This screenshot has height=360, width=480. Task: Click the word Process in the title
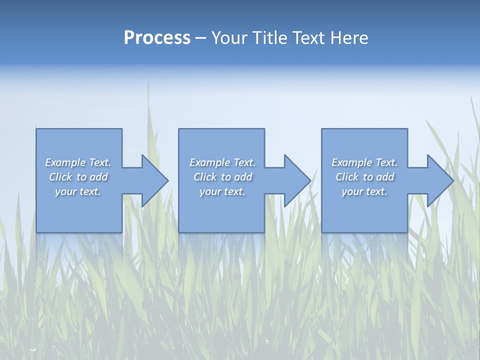[x=157, y=38]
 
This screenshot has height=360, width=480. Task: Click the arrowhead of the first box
[x=154, y=180]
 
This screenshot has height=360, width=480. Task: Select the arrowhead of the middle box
[x=297, y=180]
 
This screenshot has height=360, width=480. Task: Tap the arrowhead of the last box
[x=440, y=180]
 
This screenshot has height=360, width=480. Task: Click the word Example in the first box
[x=66, y=162]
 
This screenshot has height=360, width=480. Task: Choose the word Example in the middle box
[x=210, y=162]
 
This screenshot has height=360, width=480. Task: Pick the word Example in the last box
[x=352, y=162]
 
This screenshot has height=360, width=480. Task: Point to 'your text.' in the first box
[x=78, y=191]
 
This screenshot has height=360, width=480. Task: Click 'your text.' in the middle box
[x=222, y=191]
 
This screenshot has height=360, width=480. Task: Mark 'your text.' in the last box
[x=364, y=191]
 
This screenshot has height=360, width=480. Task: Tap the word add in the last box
[x=385, y=177]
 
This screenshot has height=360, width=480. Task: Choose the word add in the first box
[x=99, y=177]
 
